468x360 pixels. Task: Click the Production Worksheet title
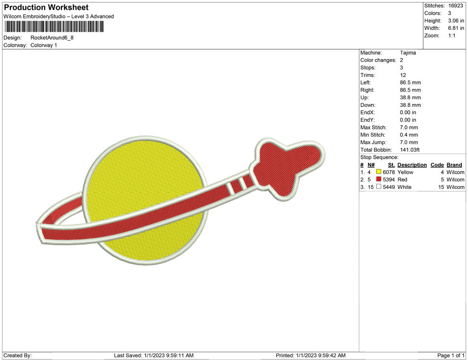point(46,8)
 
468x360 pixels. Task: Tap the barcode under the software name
point(54,26)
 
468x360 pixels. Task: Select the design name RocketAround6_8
point(52,38)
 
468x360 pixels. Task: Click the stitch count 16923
point(455,6)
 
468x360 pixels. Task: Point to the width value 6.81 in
point(456,28)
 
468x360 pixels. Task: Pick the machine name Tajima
point(407,53)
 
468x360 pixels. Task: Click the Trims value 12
point(403,75)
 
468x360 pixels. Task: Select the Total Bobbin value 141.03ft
point(409,150)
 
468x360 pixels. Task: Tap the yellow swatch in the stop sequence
point(379,172)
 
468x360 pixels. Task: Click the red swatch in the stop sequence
point(379,179)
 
